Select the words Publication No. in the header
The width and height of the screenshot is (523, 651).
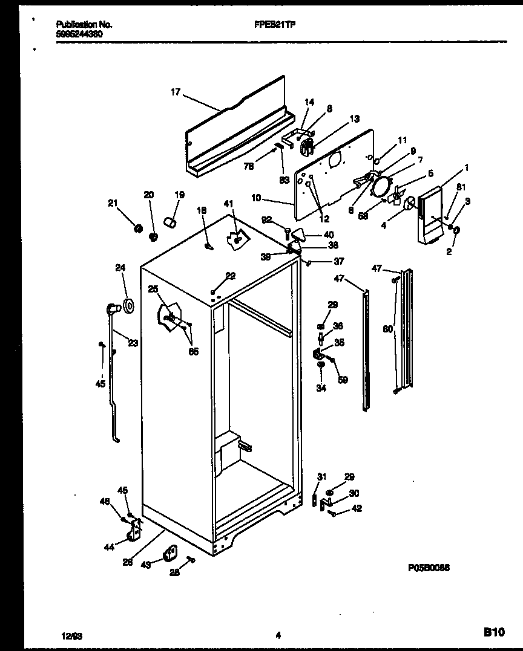[x=84, y=25]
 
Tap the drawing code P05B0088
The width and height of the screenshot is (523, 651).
[x=428, y=568]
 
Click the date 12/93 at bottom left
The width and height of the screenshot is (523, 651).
[x=71, y=635]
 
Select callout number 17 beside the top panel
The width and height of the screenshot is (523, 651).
[x=175, y=92]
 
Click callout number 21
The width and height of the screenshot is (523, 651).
[x=112, y=203]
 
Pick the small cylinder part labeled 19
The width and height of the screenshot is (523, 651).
[x=171, y=224]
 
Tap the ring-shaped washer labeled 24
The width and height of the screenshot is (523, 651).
[x=128, y=306]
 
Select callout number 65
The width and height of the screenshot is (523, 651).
[x=193, y=352]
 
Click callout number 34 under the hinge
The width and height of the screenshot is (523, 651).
[x=321, y=388]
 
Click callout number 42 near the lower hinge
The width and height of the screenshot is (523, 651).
[x=357, y=508]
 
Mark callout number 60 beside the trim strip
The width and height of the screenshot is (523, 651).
[x=387, y=329]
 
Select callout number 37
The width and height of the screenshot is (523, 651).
[x=338, y=261]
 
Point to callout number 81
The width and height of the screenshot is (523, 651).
[x=461, y=187]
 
